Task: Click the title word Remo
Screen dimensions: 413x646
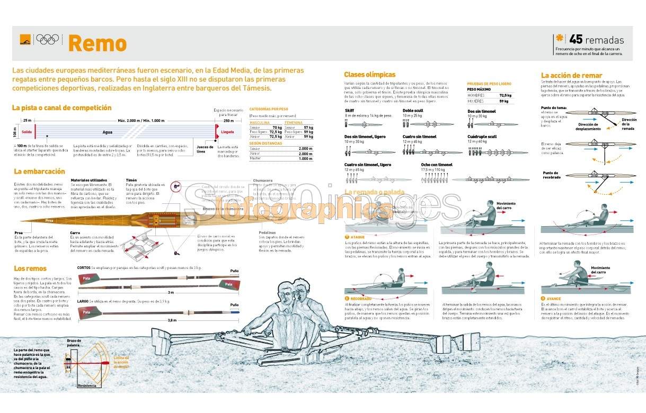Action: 98,43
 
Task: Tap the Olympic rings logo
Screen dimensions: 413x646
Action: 48,39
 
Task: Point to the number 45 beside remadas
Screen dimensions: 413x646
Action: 576,40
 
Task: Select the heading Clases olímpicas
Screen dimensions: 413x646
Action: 369,75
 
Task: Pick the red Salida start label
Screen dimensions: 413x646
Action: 28,132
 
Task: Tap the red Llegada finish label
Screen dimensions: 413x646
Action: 227,132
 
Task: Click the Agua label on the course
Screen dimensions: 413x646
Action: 108,132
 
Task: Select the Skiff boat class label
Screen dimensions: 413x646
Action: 349,111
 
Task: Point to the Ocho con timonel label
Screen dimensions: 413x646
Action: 437,165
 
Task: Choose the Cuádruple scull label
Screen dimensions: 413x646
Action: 482,137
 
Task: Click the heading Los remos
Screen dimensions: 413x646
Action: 30,268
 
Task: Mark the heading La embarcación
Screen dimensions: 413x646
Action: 39,172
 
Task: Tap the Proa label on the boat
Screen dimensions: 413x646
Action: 49,220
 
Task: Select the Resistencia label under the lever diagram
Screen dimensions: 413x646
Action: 87,385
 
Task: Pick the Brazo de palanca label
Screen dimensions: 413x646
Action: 74,342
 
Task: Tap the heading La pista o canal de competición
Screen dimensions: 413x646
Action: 61,107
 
